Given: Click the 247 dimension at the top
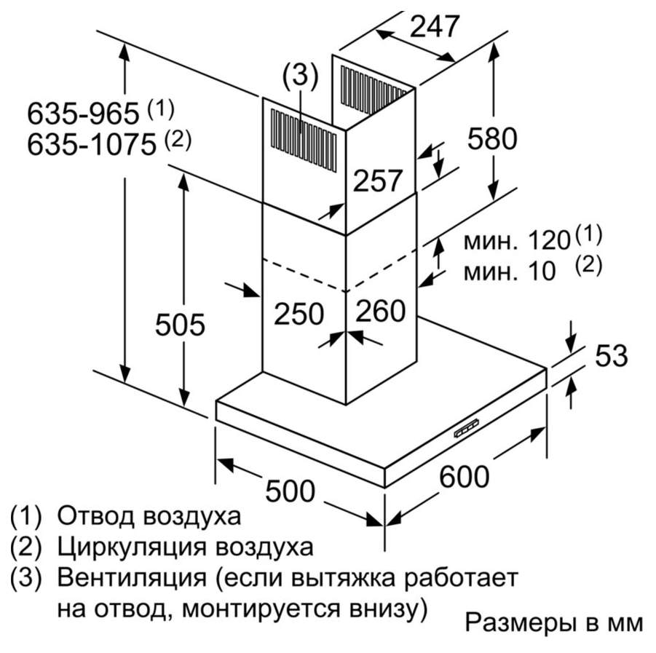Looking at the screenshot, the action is [434, 26].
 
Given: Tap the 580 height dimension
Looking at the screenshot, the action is [492, 138].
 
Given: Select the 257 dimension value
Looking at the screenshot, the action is [377, 181].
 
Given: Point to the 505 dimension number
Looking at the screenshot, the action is [180, 324].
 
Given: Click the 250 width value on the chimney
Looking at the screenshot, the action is [299, 313].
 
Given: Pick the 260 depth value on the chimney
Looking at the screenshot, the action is [380, 310].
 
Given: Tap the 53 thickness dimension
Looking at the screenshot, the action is [612, 355].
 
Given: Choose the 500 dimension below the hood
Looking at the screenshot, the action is [290, 491].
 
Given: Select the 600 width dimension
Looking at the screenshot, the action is [464, 477].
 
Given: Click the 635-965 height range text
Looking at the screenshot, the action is [83, 113].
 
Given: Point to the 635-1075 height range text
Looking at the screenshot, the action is [92, 145].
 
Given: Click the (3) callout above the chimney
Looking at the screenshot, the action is [301, 76].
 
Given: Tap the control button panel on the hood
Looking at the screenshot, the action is [466, 430].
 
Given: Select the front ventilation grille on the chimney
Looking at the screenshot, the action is [304, 141].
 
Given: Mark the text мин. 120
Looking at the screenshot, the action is [517, 241].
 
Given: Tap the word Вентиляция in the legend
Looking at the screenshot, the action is [132, 578].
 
